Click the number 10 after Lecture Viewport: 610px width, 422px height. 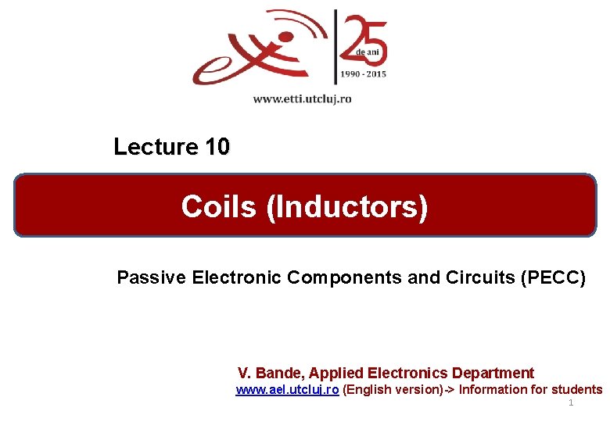(x=217, y=147)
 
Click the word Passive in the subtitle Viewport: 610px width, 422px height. (x=146, y=277)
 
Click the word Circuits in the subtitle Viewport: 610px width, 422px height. (x=475, y=277)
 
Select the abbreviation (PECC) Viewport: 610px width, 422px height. (x=553, y=277)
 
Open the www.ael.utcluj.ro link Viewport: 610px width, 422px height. (x=287, y=390)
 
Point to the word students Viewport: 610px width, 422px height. (x=576, y=390)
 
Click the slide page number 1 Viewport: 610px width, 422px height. (x=571, y=402)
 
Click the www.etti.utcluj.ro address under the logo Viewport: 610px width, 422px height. (x=302, y=99)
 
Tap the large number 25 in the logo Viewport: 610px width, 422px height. (x=363, y=35)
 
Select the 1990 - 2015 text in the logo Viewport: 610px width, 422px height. (x=362, y=75)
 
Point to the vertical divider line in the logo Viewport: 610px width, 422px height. (x=335, y=47)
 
